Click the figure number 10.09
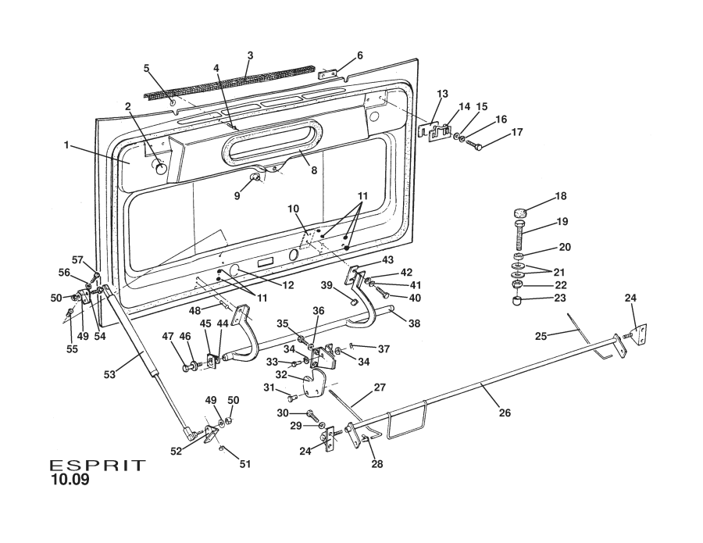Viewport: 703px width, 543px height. (70, 480)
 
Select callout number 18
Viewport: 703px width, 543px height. (561, 196)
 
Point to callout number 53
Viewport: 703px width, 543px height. (109, 374)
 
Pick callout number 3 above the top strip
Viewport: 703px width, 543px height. (250, 55)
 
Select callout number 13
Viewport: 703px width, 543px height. (442, 94)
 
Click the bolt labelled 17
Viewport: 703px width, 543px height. (473, 145)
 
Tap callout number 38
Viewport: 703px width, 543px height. (415, 323)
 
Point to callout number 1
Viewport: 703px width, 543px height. (67, 145)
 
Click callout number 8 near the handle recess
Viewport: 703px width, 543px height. (314, 170)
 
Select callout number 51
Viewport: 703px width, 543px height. (245, 463)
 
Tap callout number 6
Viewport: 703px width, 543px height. (359, 55)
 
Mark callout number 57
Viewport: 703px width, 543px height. (77, 259)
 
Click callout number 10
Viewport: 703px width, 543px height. (293, 209)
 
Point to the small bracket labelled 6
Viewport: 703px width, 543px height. (331, 73)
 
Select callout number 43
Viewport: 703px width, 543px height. (387, 259)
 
